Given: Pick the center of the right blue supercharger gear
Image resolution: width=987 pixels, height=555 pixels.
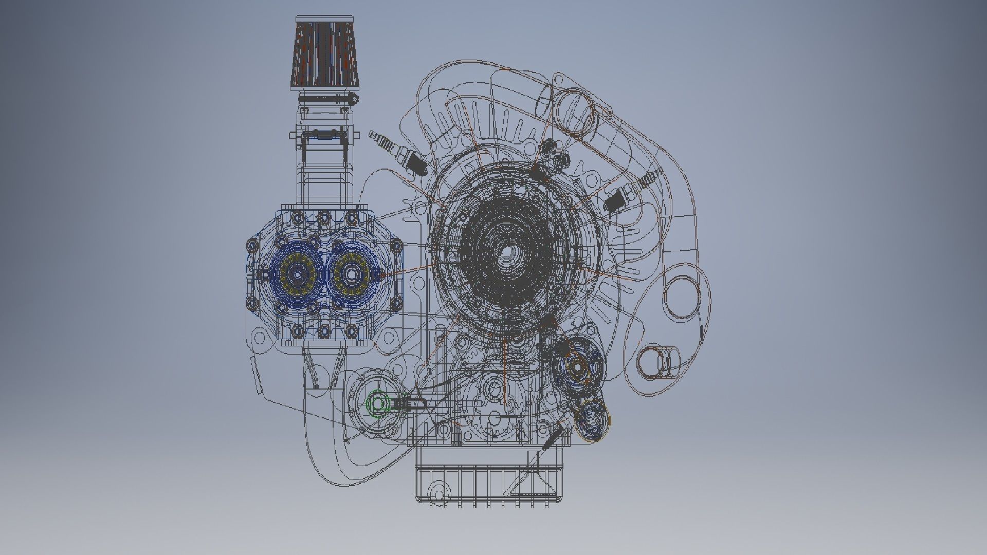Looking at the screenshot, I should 352,275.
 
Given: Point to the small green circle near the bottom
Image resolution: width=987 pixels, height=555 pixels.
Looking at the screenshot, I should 378,404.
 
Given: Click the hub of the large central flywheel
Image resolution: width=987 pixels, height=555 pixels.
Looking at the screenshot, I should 506,252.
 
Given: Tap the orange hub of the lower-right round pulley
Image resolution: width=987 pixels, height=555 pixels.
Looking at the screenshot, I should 576,367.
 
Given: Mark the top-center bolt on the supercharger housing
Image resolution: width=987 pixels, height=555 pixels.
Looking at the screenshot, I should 324,217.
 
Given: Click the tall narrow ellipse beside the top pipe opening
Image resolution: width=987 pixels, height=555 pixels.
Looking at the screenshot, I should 543,103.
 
